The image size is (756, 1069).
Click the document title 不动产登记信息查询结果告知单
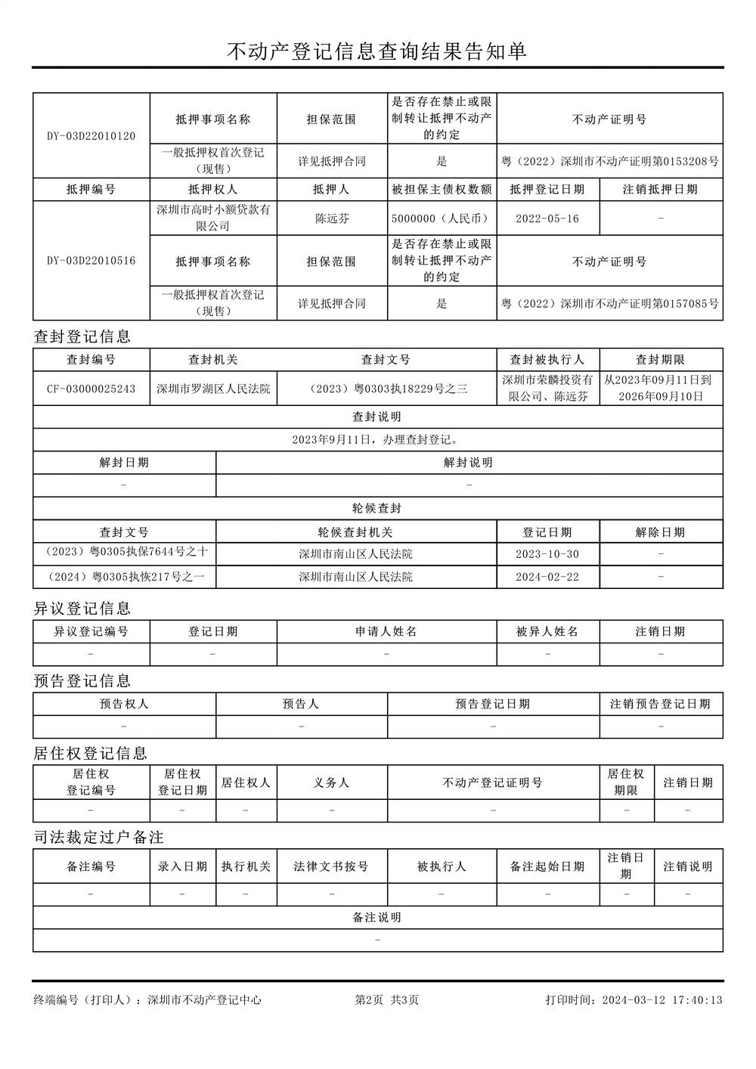pos(377,51)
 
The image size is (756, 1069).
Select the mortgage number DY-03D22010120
pos(91,136)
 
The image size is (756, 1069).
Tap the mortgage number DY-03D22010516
pos(91,261)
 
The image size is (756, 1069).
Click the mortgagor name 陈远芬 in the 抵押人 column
pos(332,218)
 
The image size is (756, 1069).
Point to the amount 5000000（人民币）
pos(442,218)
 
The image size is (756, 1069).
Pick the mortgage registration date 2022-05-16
pos(547,218)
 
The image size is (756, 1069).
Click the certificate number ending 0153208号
pos(609,161)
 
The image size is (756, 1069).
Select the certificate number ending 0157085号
pos(609,303)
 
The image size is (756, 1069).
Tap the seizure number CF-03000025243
pos(91,389)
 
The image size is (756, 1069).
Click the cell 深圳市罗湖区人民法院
pos(213,389)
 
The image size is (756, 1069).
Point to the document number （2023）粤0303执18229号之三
pos(386,389)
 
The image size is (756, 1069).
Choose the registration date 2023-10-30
pos(547,554)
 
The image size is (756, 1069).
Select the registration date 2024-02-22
pos(547,577)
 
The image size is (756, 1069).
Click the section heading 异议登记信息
pos(82,609)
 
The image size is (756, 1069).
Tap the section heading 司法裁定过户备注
pos(98,838)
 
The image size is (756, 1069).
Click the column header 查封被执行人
pos(547,360)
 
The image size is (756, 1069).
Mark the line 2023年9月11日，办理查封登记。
pos(377,439)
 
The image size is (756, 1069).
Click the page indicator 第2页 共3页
pos(386,1000)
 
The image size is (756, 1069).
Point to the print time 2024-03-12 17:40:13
pos(662,1000)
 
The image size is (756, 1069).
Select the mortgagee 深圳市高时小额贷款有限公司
pos(213,218)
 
